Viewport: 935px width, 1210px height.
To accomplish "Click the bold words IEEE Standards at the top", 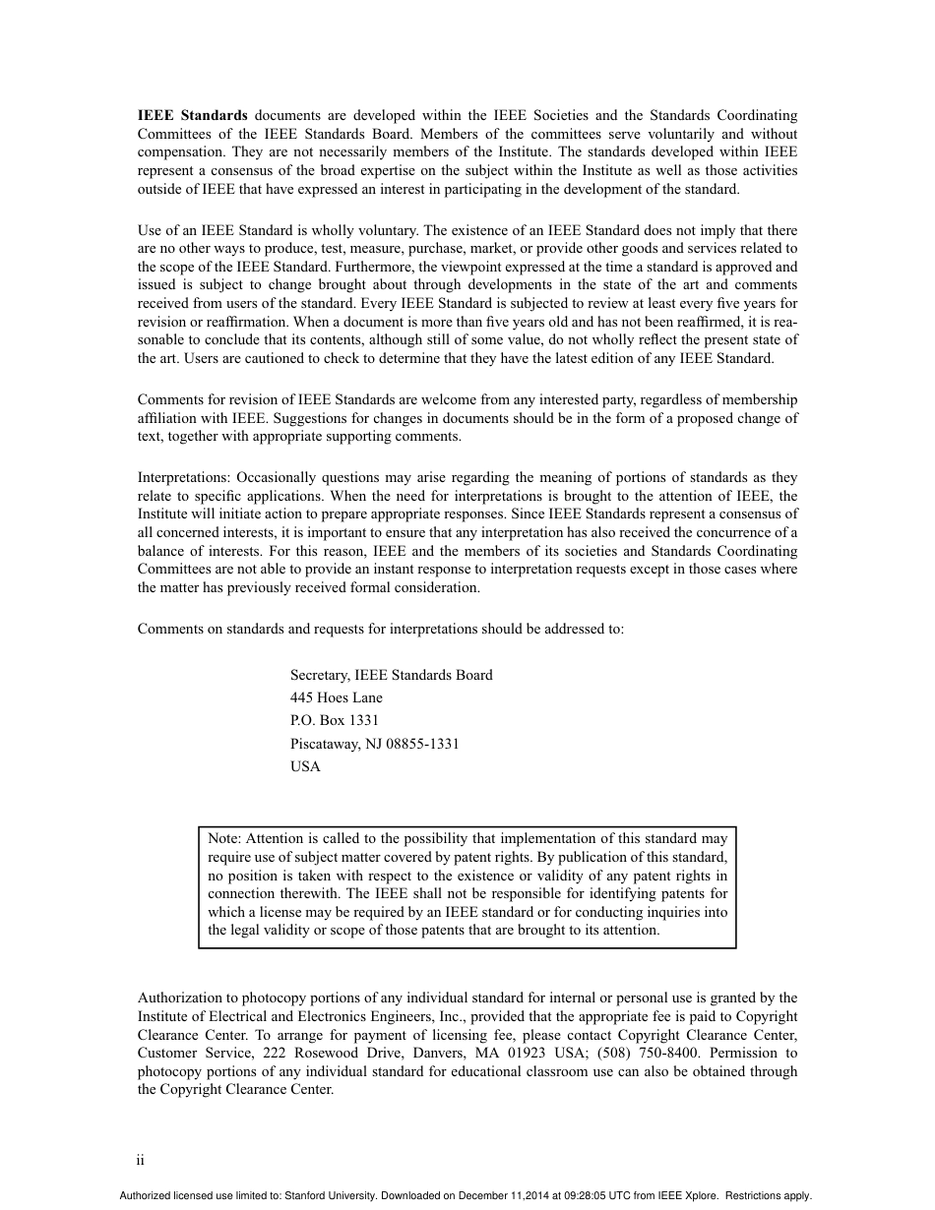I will [192, 115].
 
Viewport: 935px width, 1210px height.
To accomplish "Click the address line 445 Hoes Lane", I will [336, 697].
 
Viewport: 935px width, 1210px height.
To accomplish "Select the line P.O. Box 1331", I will [334, 720].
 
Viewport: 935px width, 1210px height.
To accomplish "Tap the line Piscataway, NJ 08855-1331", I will [374, 744].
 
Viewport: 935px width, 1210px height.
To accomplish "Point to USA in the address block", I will [305, 766].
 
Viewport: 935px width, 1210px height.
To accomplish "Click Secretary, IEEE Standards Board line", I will [391, 675].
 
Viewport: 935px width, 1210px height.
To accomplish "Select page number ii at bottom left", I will [141, 1160].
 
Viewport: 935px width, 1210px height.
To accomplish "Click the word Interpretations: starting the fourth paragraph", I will [185, 477].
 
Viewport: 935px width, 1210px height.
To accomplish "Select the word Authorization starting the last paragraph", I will [177, 998].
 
